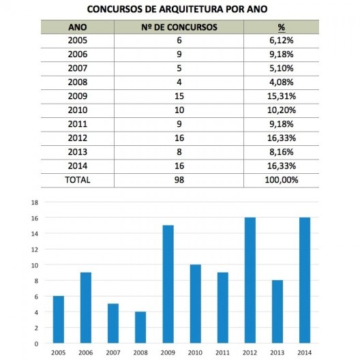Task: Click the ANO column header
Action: tap(78, 28)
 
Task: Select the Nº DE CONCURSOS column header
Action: tap(180, 28)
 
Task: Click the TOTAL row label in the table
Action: tap(77, 180)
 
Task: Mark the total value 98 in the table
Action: tap(179, 180)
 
